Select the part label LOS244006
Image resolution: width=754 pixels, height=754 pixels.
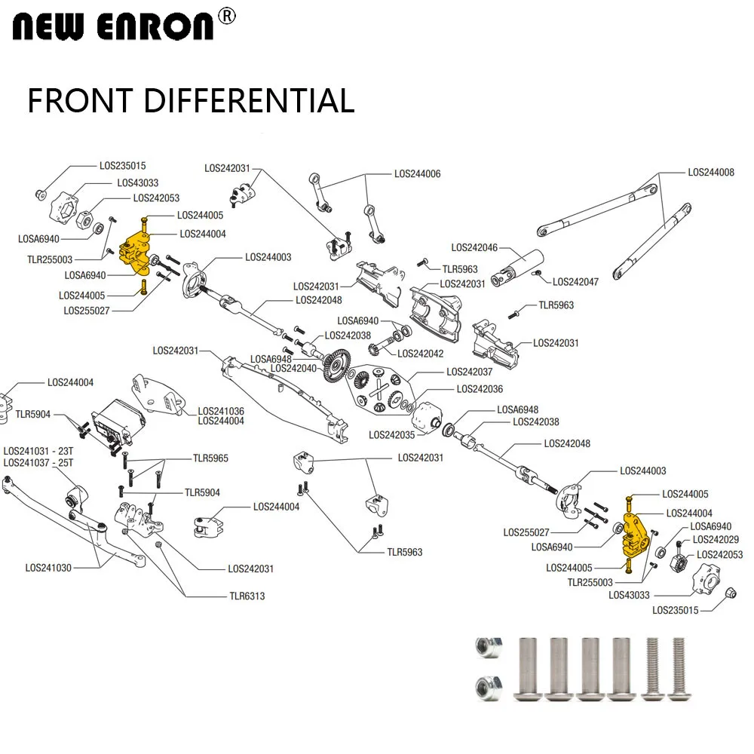coord(417,174)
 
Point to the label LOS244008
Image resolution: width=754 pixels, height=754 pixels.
coord(710,173)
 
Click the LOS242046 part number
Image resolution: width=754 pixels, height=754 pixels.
coord(474,247)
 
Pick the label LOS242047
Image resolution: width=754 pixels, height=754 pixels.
coord(575,282)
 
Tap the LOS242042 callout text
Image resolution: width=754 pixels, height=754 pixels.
coord(420,354)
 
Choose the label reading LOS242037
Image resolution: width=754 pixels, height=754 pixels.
coord(469,372)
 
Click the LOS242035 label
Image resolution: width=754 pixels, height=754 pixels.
coord(392,435)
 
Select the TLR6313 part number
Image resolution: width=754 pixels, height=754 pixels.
coord(247,596)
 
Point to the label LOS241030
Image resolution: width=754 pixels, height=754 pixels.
coord(48,568)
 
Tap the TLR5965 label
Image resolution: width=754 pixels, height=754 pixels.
coord(210,458)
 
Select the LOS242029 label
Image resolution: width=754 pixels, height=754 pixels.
coord(716,539)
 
